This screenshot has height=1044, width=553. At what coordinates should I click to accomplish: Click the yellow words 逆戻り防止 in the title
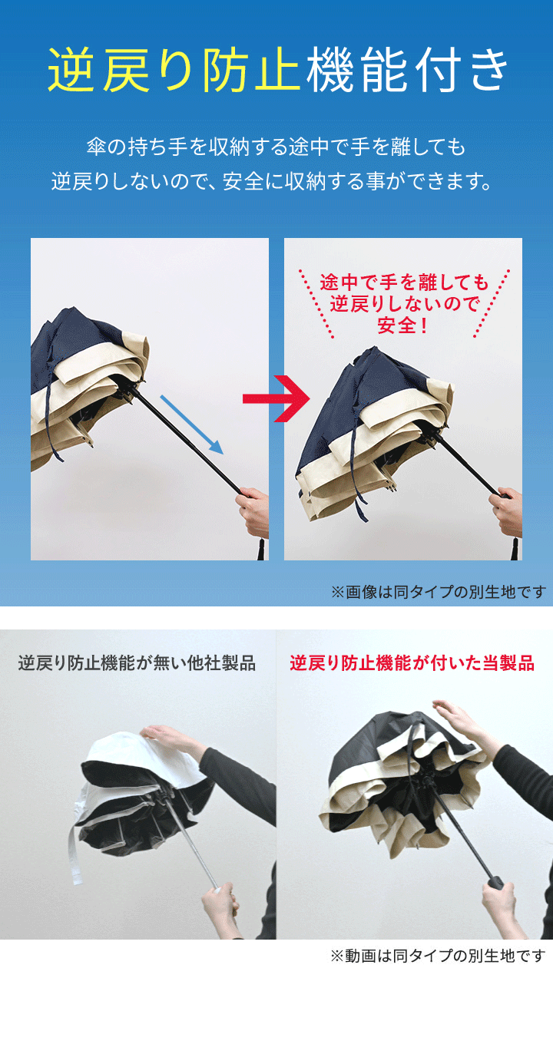[x=174, y=69]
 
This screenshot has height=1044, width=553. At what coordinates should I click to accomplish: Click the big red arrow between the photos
[x=276, y=398]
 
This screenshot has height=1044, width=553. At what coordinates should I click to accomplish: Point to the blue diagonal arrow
[x=192, y=425]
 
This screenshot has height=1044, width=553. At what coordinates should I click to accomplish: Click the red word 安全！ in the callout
[x=403, y=325]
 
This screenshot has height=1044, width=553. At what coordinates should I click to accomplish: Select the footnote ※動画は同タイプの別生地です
[x=438, y=956]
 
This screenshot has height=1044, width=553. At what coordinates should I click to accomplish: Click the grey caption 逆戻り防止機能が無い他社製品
[x=137, y=662]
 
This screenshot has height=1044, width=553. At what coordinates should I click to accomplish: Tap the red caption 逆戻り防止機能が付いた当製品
[x=412, y=662]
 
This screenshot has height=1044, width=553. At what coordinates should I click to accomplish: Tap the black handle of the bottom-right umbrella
[x=494, y=881]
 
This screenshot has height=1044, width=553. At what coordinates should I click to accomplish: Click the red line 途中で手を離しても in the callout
[x=404, y=282]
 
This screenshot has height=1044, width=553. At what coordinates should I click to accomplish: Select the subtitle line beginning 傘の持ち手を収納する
[x=276, y=147]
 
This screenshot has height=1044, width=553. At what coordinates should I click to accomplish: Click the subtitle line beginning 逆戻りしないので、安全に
[x=272, y=181]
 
